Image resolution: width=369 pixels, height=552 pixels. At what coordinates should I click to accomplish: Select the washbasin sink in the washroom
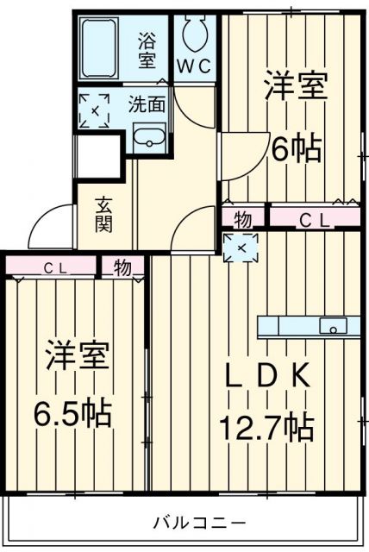(x=150, y=136)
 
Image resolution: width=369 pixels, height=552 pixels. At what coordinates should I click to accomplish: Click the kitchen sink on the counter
(x=333, y=325)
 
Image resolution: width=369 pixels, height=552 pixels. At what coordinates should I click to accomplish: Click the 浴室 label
(x=148, y=49)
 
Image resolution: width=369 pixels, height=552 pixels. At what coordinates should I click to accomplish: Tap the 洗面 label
(x=147, y=105)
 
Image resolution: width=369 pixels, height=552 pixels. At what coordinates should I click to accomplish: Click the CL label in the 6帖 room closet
(x=314, y=219)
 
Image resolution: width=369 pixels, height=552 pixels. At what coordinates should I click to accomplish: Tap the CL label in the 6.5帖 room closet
(x=51, y=267)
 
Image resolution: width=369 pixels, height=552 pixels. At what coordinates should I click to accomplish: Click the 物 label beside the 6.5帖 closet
(x=123, y=267)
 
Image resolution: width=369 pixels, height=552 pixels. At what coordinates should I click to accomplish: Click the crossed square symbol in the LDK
(x=239, y=248)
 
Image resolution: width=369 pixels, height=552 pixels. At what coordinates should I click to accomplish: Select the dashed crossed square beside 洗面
(x=94, y=110)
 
